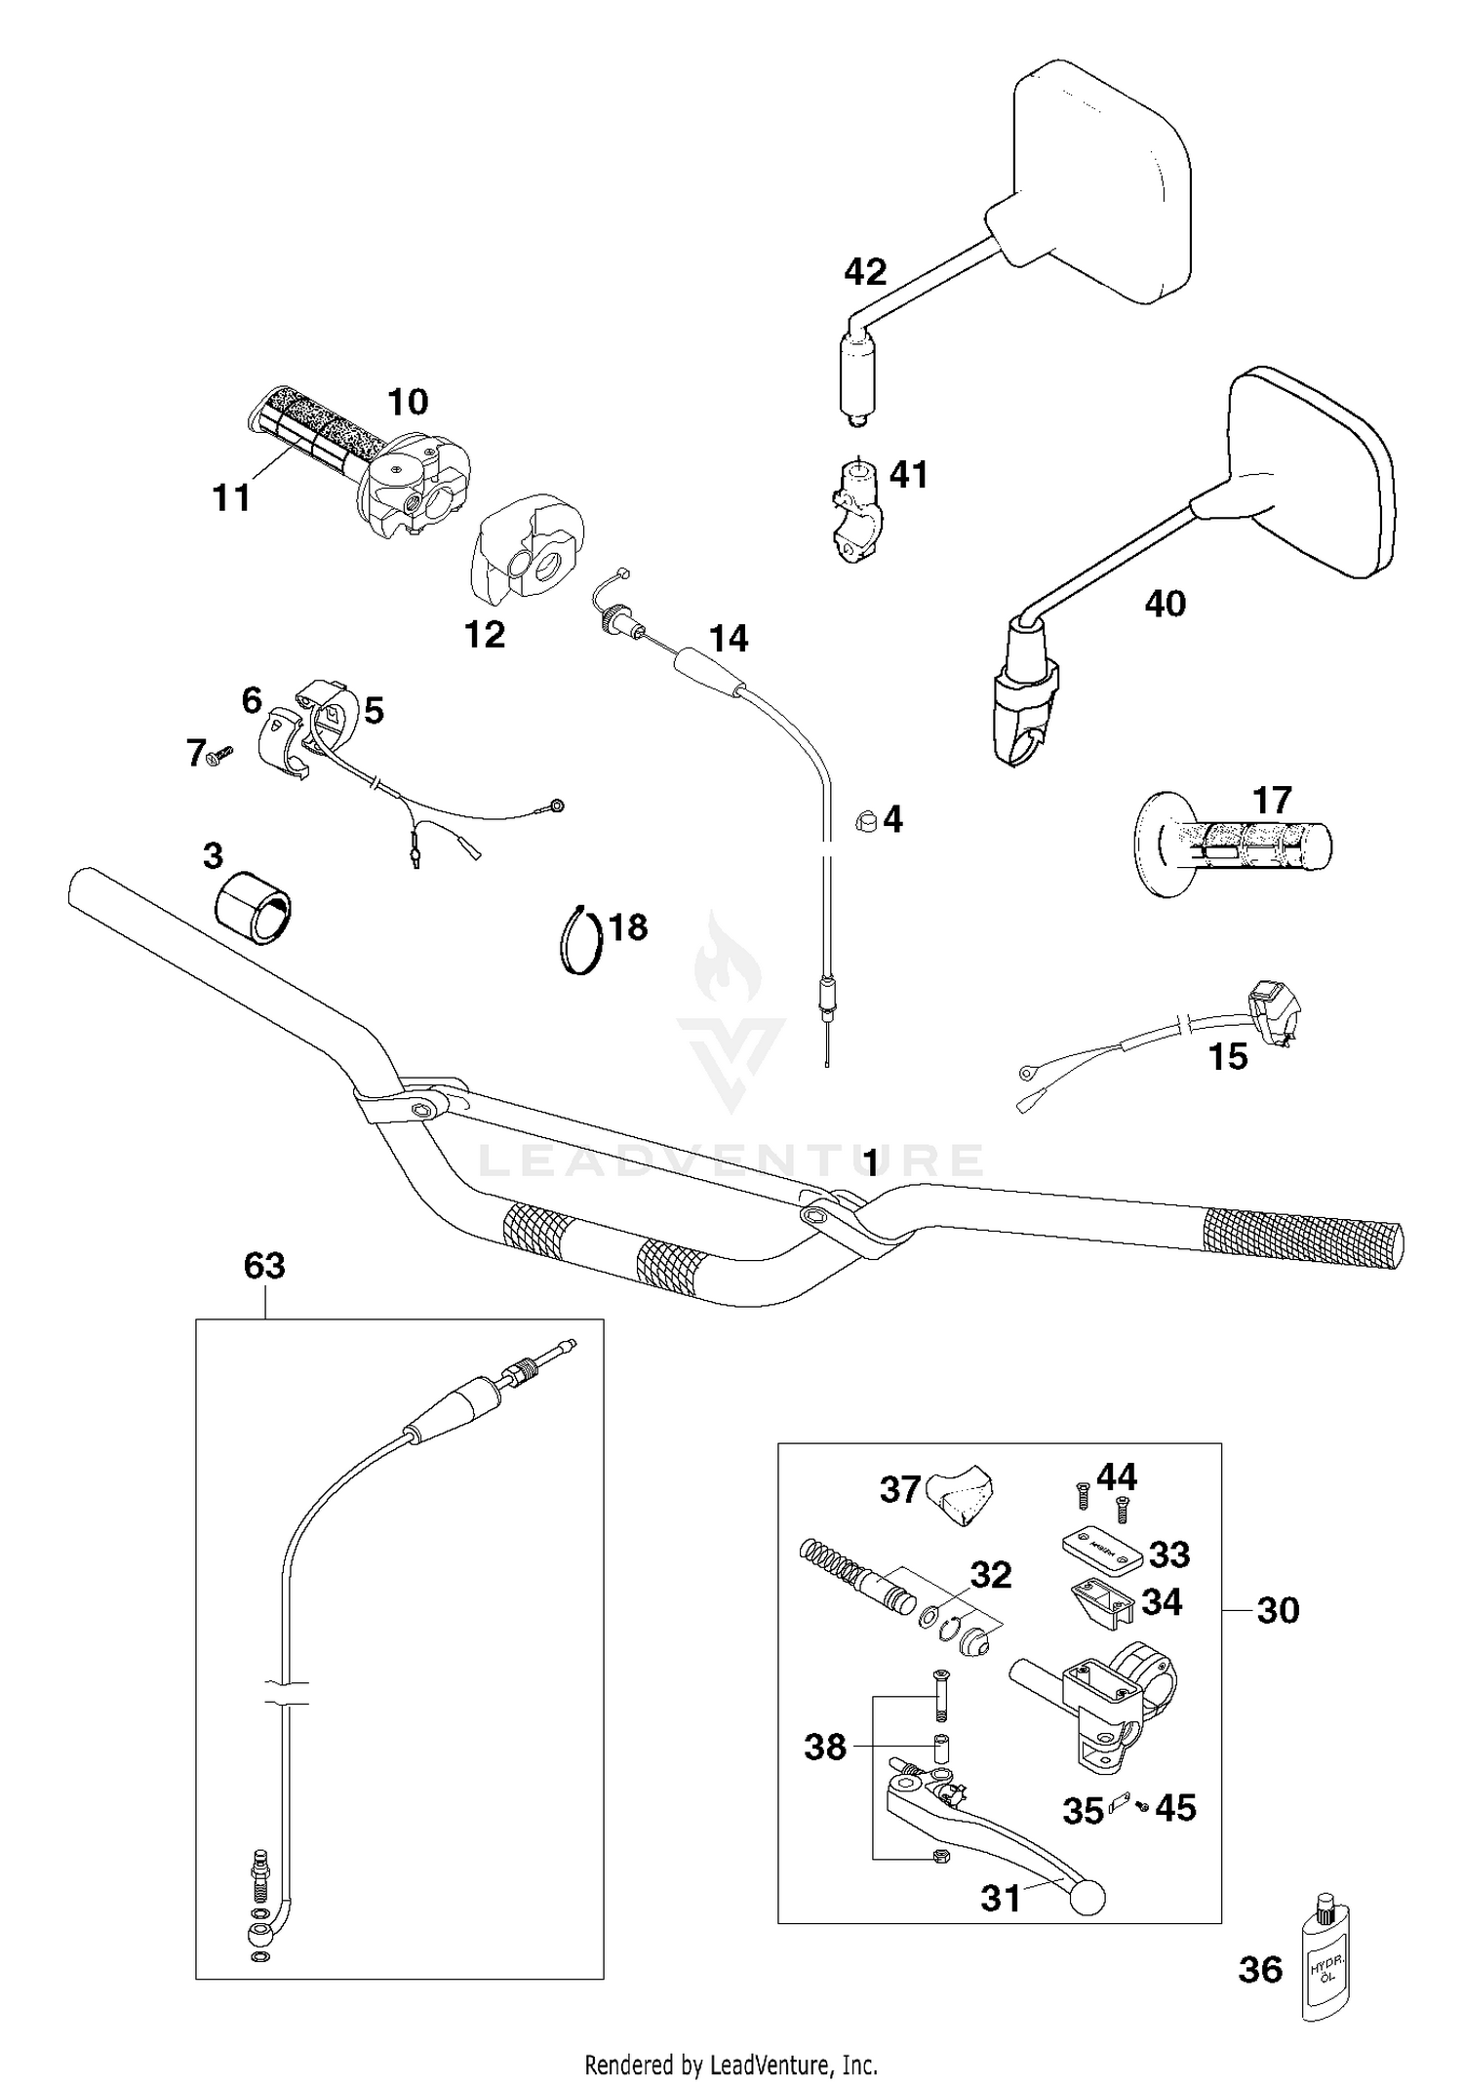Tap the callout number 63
(x=264, y=1267)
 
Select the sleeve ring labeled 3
(x=256, y=905)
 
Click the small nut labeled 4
(x=865, y=820)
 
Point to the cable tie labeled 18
(x=581, y=939)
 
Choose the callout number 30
(x=1278, y=1610)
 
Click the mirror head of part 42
(x=1102, y=180)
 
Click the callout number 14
(x=729, y=640)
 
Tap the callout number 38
(x=824, y=1747)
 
